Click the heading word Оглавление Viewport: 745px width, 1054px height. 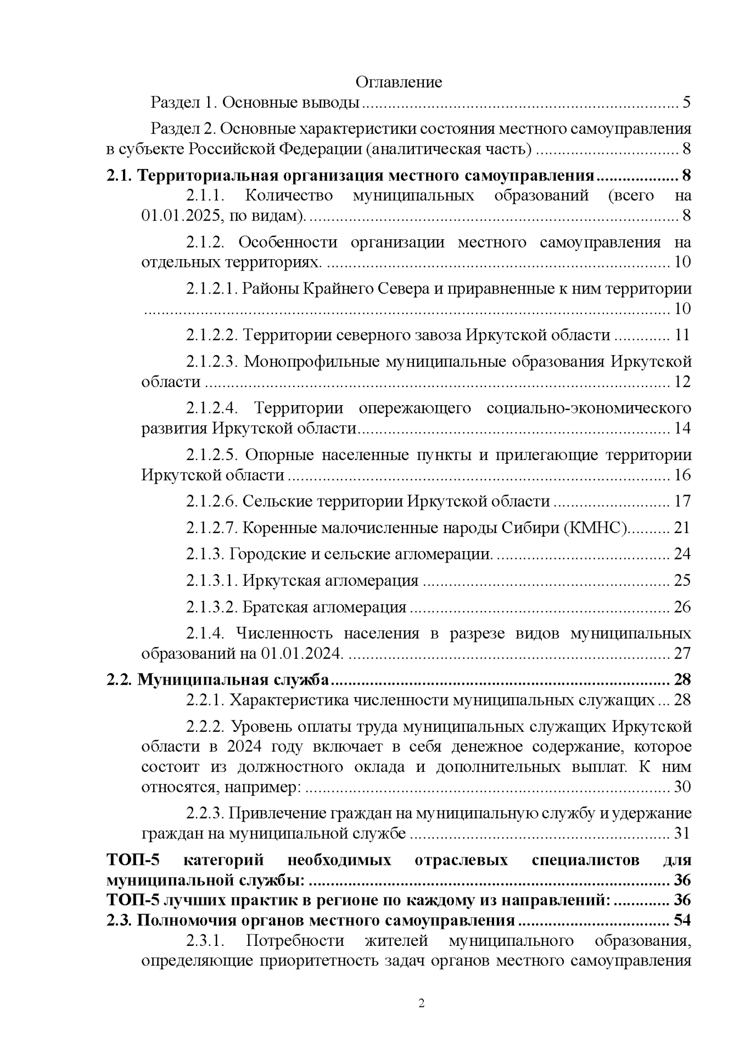pos(399,82)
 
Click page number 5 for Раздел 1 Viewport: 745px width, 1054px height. pos(686,103)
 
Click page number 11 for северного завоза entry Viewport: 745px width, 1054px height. pos(682,335)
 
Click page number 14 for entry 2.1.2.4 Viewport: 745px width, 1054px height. pos(682,428)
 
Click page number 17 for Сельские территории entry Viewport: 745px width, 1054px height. pos(682,501)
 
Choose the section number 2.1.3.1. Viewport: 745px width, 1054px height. pos(211,581)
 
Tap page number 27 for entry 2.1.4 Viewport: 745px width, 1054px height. pos(682,654)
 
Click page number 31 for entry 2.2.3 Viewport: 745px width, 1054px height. pos(682,834)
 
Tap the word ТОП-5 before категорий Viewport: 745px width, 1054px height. pos(132,860)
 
